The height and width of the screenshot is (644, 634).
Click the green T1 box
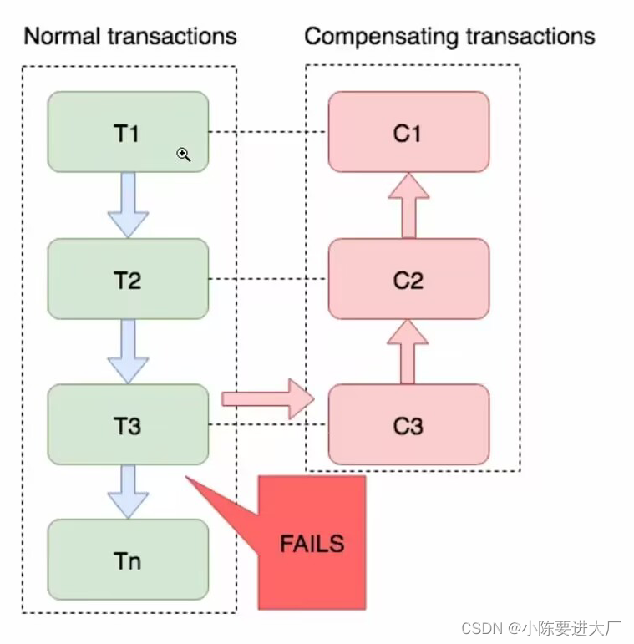[x=127, y=131]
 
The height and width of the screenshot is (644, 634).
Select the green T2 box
[x=127, y=278]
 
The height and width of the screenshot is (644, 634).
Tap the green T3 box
[x=127, y=424]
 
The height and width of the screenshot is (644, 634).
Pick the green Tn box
[x=127, y=559]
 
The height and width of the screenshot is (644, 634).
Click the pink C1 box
[x=408, y=131]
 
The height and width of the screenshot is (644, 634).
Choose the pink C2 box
[x=408, y=278]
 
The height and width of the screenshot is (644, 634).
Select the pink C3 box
[x=408, y=424]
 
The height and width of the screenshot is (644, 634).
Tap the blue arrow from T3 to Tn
[x=128, y=491]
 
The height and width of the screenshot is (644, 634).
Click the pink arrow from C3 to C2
[x=408, y=352]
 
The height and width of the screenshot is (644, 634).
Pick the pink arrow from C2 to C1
[x=408, y=205]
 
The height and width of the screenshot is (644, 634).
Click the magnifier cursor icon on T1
[x=184, y=155]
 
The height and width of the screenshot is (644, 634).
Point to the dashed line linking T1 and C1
[x=267, y=132]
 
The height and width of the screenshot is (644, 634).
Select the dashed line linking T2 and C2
[x=267, y=279]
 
